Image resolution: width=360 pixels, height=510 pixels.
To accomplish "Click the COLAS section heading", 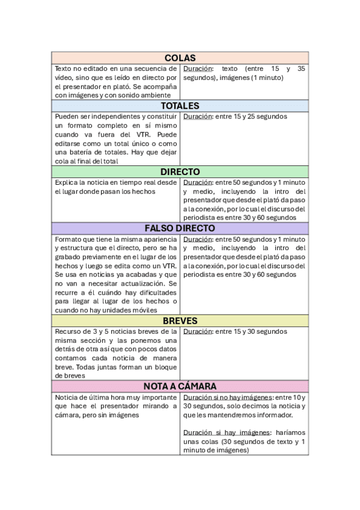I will (180, 58).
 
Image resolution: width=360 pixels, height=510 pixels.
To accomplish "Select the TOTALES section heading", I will (180, 106).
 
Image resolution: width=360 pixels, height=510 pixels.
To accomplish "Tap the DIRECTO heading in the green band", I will (180, 171).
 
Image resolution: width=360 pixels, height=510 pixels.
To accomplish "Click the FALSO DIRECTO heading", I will (180, 229).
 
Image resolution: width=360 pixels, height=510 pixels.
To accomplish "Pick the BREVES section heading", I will (180, 321).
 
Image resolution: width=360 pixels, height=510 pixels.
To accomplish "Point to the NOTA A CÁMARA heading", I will (180, 386).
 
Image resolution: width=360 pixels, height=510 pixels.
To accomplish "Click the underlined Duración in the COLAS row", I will (197, 69).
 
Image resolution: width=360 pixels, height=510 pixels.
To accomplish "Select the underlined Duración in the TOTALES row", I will (197, 117).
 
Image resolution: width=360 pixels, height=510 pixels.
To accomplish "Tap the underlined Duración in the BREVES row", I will (197, 331).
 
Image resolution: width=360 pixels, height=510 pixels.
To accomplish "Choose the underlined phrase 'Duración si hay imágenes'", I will (221, 432).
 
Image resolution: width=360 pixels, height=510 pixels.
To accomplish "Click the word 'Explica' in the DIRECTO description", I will (67, 182).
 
